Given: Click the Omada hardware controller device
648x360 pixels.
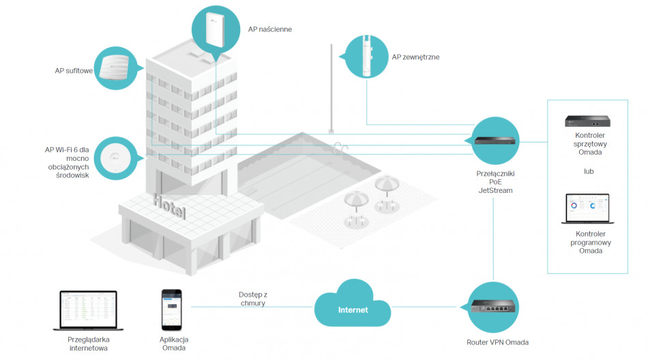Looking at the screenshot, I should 588,121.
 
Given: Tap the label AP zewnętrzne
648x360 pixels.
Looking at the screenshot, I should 415,58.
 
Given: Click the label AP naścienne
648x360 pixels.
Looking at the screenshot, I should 269,30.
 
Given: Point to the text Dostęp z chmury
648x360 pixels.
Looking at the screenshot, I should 252,299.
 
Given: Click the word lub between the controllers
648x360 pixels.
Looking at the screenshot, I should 588,171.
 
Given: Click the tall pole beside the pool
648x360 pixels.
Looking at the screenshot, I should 331,89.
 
